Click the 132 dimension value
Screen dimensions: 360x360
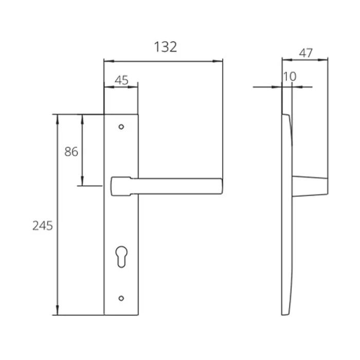[165, 47]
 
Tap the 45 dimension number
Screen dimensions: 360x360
[121, 80]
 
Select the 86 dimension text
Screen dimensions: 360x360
[71, 152]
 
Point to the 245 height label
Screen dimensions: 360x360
[43, 226]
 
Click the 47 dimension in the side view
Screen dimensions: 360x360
[305, 53]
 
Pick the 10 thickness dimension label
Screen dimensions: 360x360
[290, 77]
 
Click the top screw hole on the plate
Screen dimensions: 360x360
[121, 127]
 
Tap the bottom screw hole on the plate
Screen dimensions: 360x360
[121, 298]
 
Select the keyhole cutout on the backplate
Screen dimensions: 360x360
[122, 257]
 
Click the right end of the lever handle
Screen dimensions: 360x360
[222, 186]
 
